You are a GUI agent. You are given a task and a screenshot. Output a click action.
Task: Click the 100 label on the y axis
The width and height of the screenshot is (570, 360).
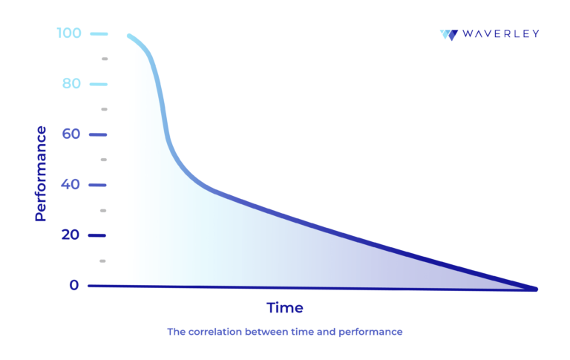coord(69,33)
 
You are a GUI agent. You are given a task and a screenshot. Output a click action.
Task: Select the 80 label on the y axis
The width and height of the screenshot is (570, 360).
coord(71,84)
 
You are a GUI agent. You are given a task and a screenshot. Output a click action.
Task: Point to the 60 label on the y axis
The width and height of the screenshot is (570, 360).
coord(71,134)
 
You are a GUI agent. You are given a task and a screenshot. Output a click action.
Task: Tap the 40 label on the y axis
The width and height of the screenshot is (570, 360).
coord(71,185)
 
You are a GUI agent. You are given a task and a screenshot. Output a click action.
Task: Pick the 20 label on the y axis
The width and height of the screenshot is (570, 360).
coord(71,235)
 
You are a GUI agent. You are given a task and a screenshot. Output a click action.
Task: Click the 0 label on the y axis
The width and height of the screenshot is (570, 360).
coord(74,285)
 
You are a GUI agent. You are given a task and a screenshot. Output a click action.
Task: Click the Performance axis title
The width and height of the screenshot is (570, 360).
coord(41,174)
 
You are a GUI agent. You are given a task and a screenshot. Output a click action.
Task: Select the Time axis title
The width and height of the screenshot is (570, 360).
coord(285,307)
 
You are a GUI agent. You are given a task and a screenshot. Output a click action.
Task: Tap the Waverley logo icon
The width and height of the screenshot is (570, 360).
coord(448,34)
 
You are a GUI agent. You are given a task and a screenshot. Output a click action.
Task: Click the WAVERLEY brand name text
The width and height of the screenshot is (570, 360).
coord(500,34)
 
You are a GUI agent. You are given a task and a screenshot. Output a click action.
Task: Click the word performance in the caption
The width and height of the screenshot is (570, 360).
coord(370,332)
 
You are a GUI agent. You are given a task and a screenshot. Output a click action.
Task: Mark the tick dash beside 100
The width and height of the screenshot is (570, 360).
coord(98,33)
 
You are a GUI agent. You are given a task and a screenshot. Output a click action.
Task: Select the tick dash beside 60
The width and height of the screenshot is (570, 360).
coord(98,134)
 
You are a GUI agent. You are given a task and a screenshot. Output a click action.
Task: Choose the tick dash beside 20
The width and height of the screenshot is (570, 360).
coord(98,235)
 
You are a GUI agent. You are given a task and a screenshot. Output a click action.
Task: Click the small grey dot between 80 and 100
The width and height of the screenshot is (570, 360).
coord(105,59)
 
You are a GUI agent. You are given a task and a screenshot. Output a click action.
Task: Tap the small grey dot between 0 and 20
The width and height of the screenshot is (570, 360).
coord(103,261)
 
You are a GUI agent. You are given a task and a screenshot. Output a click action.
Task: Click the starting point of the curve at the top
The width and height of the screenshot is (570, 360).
coord(129,36)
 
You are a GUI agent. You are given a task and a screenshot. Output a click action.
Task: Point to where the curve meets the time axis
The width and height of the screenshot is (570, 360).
coord(534,289)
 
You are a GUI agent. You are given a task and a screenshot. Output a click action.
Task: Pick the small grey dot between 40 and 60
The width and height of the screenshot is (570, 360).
coord(104,160)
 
